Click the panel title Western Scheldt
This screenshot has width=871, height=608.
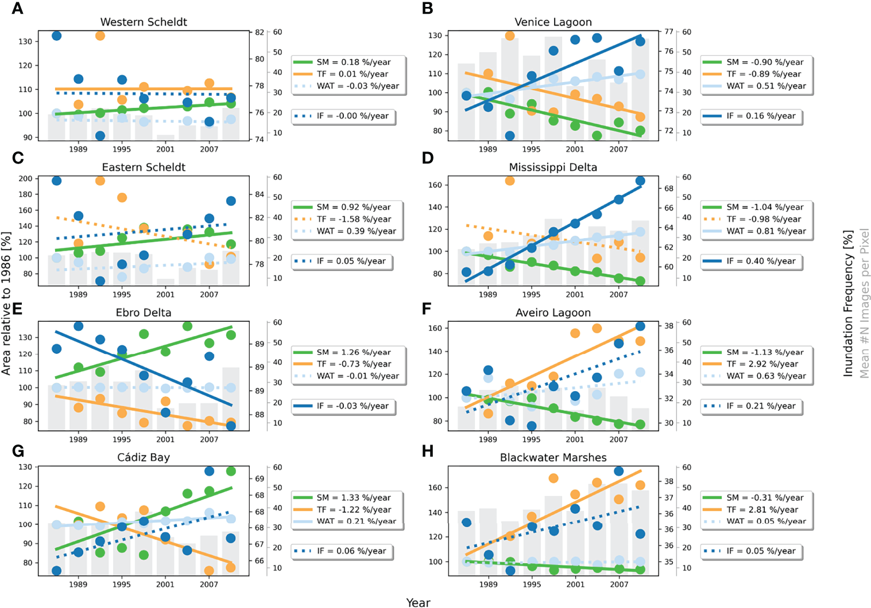coord(144,22)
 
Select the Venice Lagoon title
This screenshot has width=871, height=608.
coord(553,22)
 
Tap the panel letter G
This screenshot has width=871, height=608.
coord(18,451)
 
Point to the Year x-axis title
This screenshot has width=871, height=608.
coord(418,602)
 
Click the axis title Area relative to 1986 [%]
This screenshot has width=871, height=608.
coord(6,303)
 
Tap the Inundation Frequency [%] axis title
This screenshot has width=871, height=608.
coord(848,303)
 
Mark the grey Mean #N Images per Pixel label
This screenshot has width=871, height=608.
coord(864,303)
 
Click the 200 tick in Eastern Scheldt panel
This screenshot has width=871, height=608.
coord(25,178)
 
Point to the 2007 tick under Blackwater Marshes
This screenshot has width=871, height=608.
coord(619,584)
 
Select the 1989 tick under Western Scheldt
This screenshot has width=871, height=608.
coord(78,149)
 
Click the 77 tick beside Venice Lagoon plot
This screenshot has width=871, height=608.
coord(668,32)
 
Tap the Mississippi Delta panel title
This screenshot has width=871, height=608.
coord(553,167)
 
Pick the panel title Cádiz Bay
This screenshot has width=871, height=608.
coord(144,457)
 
